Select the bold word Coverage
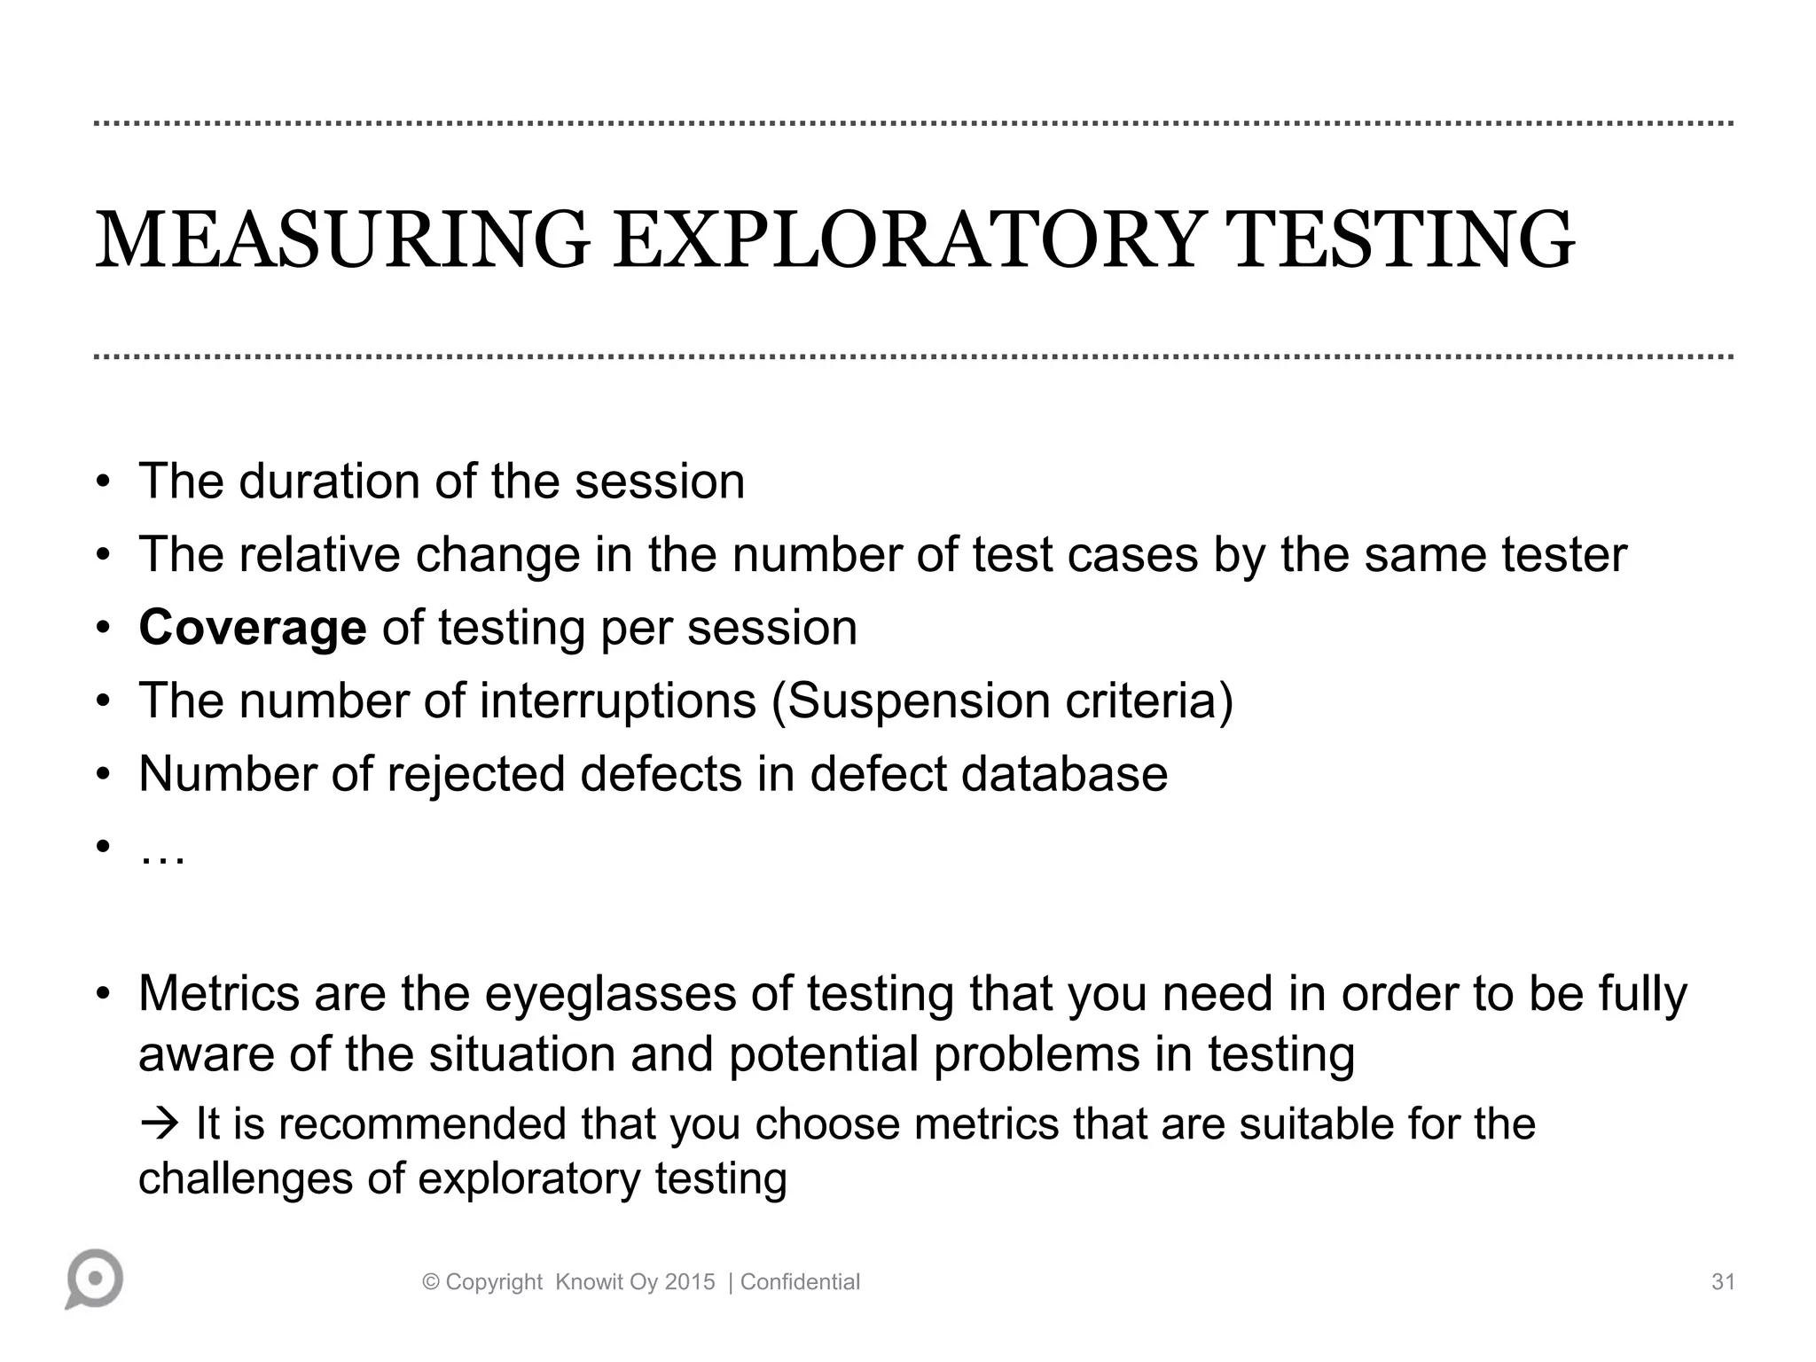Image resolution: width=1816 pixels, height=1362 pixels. click(253, 628)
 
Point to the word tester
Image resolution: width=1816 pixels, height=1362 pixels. click(1564, 555)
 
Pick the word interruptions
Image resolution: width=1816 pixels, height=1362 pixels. click(618, 701)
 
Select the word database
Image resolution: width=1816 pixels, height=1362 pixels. click(1064, 774)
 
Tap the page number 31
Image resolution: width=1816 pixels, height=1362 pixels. click(1722, 1282)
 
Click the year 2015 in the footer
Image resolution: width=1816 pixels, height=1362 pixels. click(690, 1282)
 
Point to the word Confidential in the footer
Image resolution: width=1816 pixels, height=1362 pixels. click(800, 1282)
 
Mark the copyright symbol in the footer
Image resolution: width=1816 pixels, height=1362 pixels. click(432, 1282)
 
